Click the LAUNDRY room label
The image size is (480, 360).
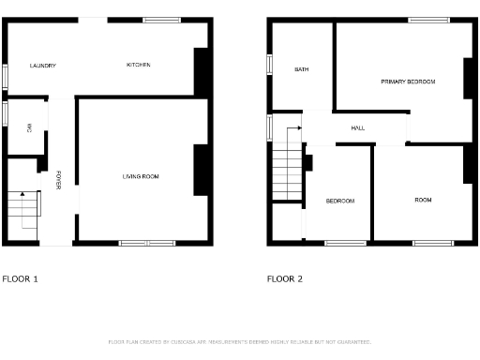point(43,66)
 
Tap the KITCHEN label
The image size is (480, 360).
point(139,65)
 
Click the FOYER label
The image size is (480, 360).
point(58,179)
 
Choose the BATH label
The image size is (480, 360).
point(302,69)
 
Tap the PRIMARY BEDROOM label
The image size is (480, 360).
point(408,82)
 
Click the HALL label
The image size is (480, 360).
point(358,128)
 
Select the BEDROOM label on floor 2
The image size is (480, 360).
point(340,202)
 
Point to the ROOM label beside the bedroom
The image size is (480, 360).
point(423,200)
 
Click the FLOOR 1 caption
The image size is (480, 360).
point(21,278)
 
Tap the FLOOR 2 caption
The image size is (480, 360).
point(285,278)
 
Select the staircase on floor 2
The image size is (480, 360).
point(285,172)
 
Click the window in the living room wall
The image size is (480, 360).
point(146,243)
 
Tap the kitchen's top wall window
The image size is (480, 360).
point(162,20)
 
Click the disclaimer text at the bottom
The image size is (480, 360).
point(240,342)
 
